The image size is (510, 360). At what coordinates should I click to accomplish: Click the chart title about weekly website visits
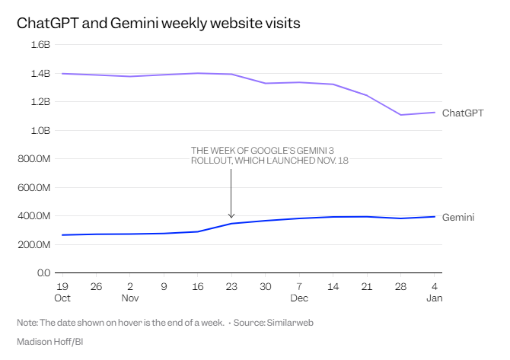[158, 23]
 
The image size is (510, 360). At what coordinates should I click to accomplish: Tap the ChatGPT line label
[463, 113]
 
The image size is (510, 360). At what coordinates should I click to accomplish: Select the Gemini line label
[458, 218]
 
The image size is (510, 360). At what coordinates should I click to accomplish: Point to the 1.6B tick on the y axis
[40, 45]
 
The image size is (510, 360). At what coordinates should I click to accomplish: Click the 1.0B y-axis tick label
[40, 131]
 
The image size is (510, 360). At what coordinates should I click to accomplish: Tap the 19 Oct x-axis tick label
[62, 292]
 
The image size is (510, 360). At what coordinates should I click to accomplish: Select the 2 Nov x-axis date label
[130, 292]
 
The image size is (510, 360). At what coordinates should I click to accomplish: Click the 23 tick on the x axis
[231, 286]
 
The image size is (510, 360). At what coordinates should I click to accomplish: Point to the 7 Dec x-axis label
[299, 292]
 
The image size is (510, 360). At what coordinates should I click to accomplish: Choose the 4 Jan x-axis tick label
[434, 292]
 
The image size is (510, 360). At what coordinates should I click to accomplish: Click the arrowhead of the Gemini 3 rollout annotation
[231, 216]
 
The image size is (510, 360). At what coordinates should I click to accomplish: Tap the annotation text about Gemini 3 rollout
[269, 155]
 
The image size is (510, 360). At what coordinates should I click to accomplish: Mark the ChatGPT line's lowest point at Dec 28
[400, 115]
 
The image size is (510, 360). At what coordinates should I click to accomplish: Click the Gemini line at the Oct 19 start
[62, 234]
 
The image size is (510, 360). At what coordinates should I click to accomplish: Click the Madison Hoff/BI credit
[50, 342]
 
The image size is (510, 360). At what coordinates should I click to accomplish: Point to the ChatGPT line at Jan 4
[434, 113]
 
